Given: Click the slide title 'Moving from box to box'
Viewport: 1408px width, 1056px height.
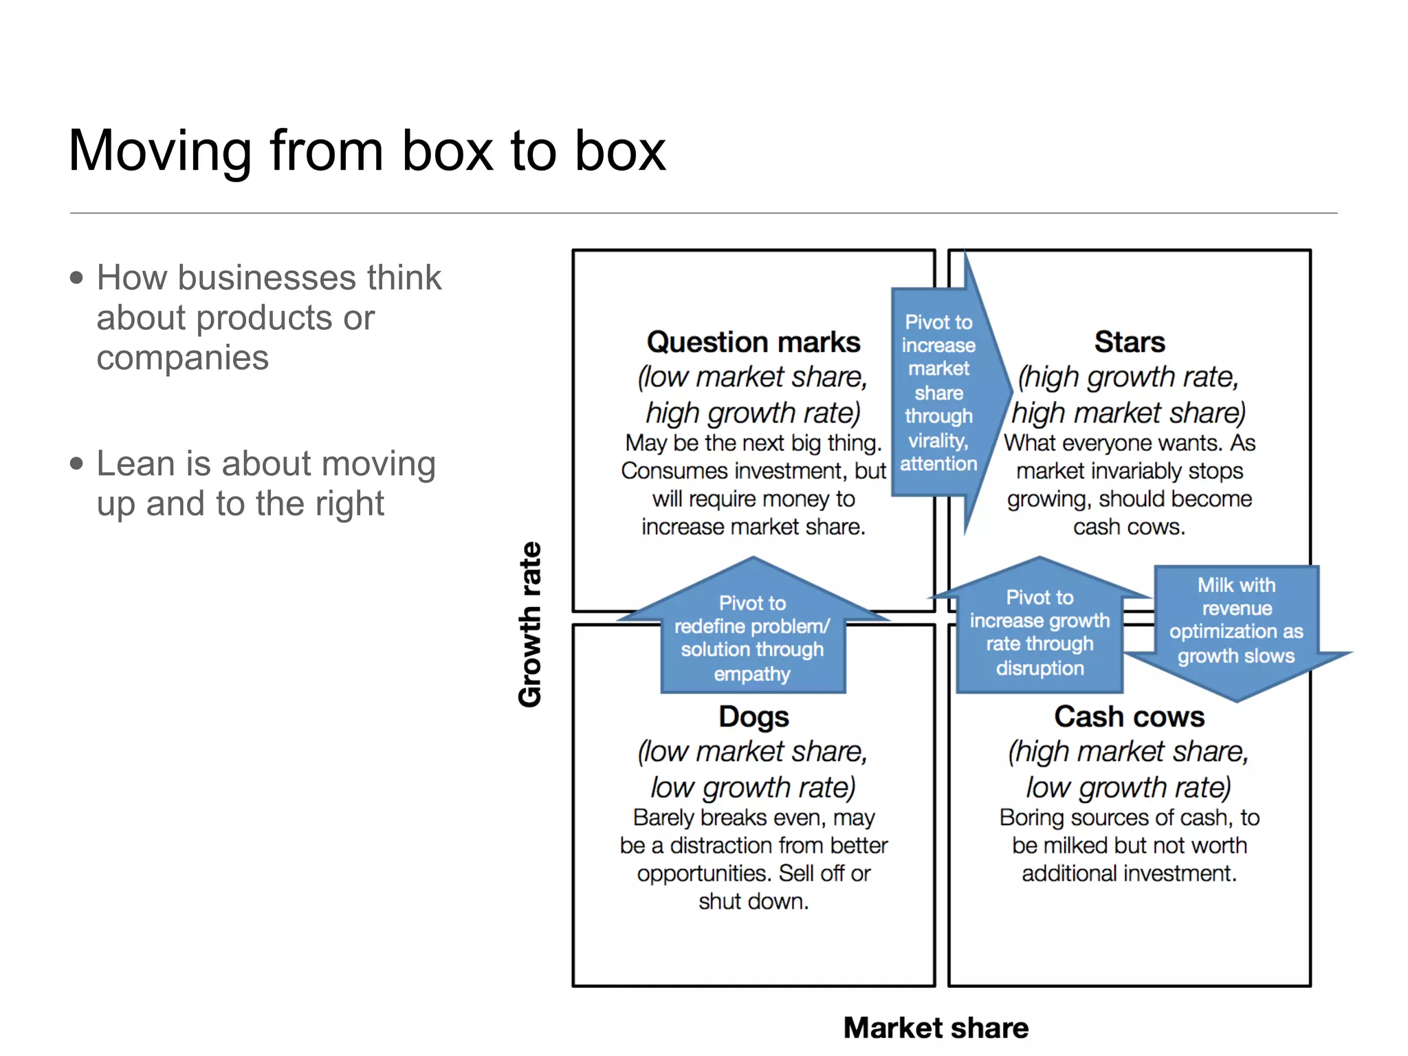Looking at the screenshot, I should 366,151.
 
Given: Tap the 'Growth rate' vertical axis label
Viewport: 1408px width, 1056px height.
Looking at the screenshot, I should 530,624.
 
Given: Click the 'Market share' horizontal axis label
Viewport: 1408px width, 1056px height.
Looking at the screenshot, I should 936,1028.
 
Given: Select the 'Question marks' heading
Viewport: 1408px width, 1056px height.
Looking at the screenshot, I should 753,342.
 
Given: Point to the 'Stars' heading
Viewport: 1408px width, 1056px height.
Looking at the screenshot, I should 1130,342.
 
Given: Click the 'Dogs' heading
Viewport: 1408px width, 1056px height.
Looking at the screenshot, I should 753,716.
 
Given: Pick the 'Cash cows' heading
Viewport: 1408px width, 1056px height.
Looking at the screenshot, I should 1130,716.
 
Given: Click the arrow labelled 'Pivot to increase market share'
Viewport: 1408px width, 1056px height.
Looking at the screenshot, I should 939,393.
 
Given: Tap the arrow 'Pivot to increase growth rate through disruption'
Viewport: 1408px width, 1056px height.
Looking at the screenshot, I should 1039,632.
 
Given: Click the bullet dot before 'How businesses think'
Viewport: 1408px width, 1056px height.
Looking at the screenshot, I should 76,278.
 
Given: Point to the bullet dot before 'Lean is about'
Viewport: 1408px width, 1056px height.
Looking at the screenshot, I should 76,463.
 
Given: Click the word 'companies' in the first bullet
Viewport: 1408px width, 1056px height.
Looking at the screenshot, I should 182,358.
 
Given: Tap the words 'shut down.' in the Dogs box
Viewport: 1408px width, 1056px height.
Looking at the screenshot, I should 753,901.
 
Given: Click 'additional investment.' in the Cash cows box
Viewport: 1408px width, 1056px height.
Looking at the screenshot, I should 1130,873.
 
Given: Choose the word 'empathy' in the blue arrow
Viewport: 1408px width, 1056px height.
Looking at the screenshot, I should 752,674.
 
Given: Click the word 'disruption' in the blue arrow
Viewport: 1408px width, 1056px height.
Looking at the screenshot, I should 1039,668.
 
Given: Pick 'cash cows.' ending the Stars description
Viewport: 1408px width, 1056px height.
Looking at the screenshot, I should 1130,527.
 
